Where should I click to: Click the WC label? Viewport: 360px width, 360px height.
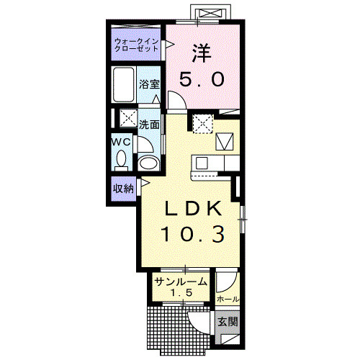click(121, 142)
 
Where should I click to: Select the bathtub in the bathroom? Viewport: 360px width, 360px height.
click(124, 84)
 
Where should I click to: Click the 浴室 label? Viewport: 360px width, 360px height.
click(149, 84)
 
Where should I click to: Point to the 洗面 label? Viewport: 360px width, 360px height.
click(149, 125)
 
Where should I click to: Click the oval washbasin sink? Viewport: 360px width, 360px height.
click(148, 163)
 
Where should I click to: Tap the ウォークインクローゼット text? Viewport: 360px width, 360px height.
click(136, 45)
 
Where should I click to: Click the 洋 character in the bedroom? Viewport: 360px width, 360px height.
click(202, 53)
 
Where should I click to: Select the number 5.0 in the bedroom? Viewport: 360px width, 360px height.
click(202, 79)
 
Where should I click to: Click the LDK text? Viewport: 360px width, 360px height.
click(193, 208)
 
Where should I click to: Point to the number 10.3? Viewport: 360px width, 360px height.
click(193, 234)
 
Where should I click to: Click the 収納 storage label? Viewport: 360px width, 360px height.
click(123, 189)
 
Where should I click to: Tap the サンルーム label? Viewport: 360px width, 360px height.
click(181, 282)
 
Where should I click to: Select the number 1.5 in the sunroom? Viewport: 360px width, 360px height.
click(181, 292)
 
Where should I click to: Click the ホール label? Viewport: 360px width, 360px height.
click(228, 300)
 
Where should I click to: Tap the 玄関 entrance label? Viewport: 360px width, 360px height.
click(228, 322)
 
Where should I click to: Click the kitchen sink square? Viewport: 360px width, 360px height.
click(202, 163)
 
